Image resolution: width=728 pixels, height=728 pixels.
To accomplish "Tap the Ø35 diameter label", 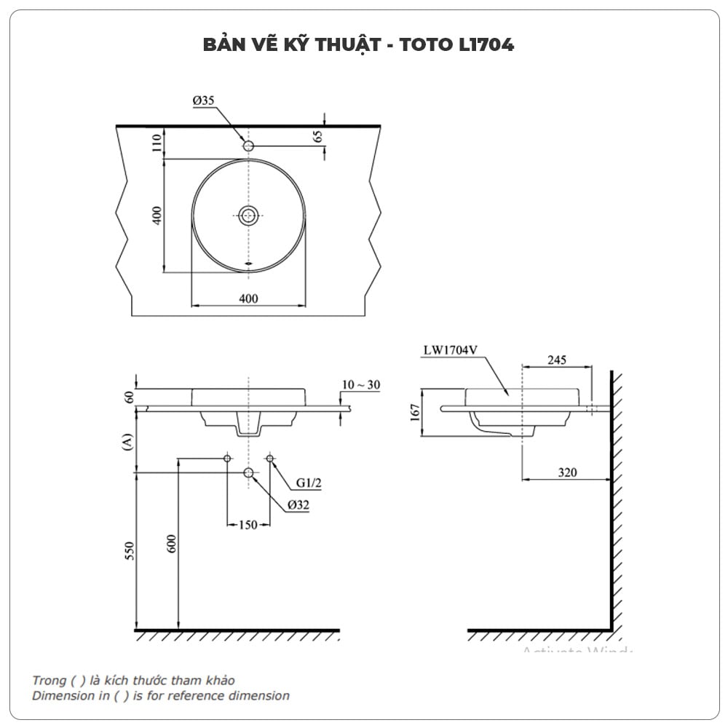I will (204, 101).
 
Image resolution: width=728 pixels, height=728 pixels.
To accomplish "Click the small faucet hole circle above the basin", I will (249, 146).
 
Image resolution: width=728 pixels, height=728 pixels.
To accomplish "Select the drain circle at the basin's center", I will (249, 215).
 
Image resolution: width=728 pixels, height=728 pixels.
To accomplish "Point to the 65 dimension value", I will (318, 137).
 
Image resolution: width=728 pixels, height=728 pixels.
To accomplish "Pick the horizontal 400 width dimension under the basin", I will (249, 298).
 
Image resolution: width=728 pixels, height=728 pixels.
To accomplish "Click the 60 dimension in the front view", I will (130, 397).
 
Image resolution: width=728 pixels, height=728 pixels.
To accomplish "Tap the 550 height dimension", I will (130, 551).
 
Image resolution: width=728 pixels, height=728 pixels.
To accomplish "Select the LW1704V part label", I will (450, 349).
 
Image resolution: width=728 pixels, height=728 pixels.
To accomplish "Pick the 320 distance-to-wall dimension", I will (567, 472).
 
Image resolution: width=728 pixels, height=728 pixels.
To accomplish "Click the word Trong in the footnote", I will (48, 680).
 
